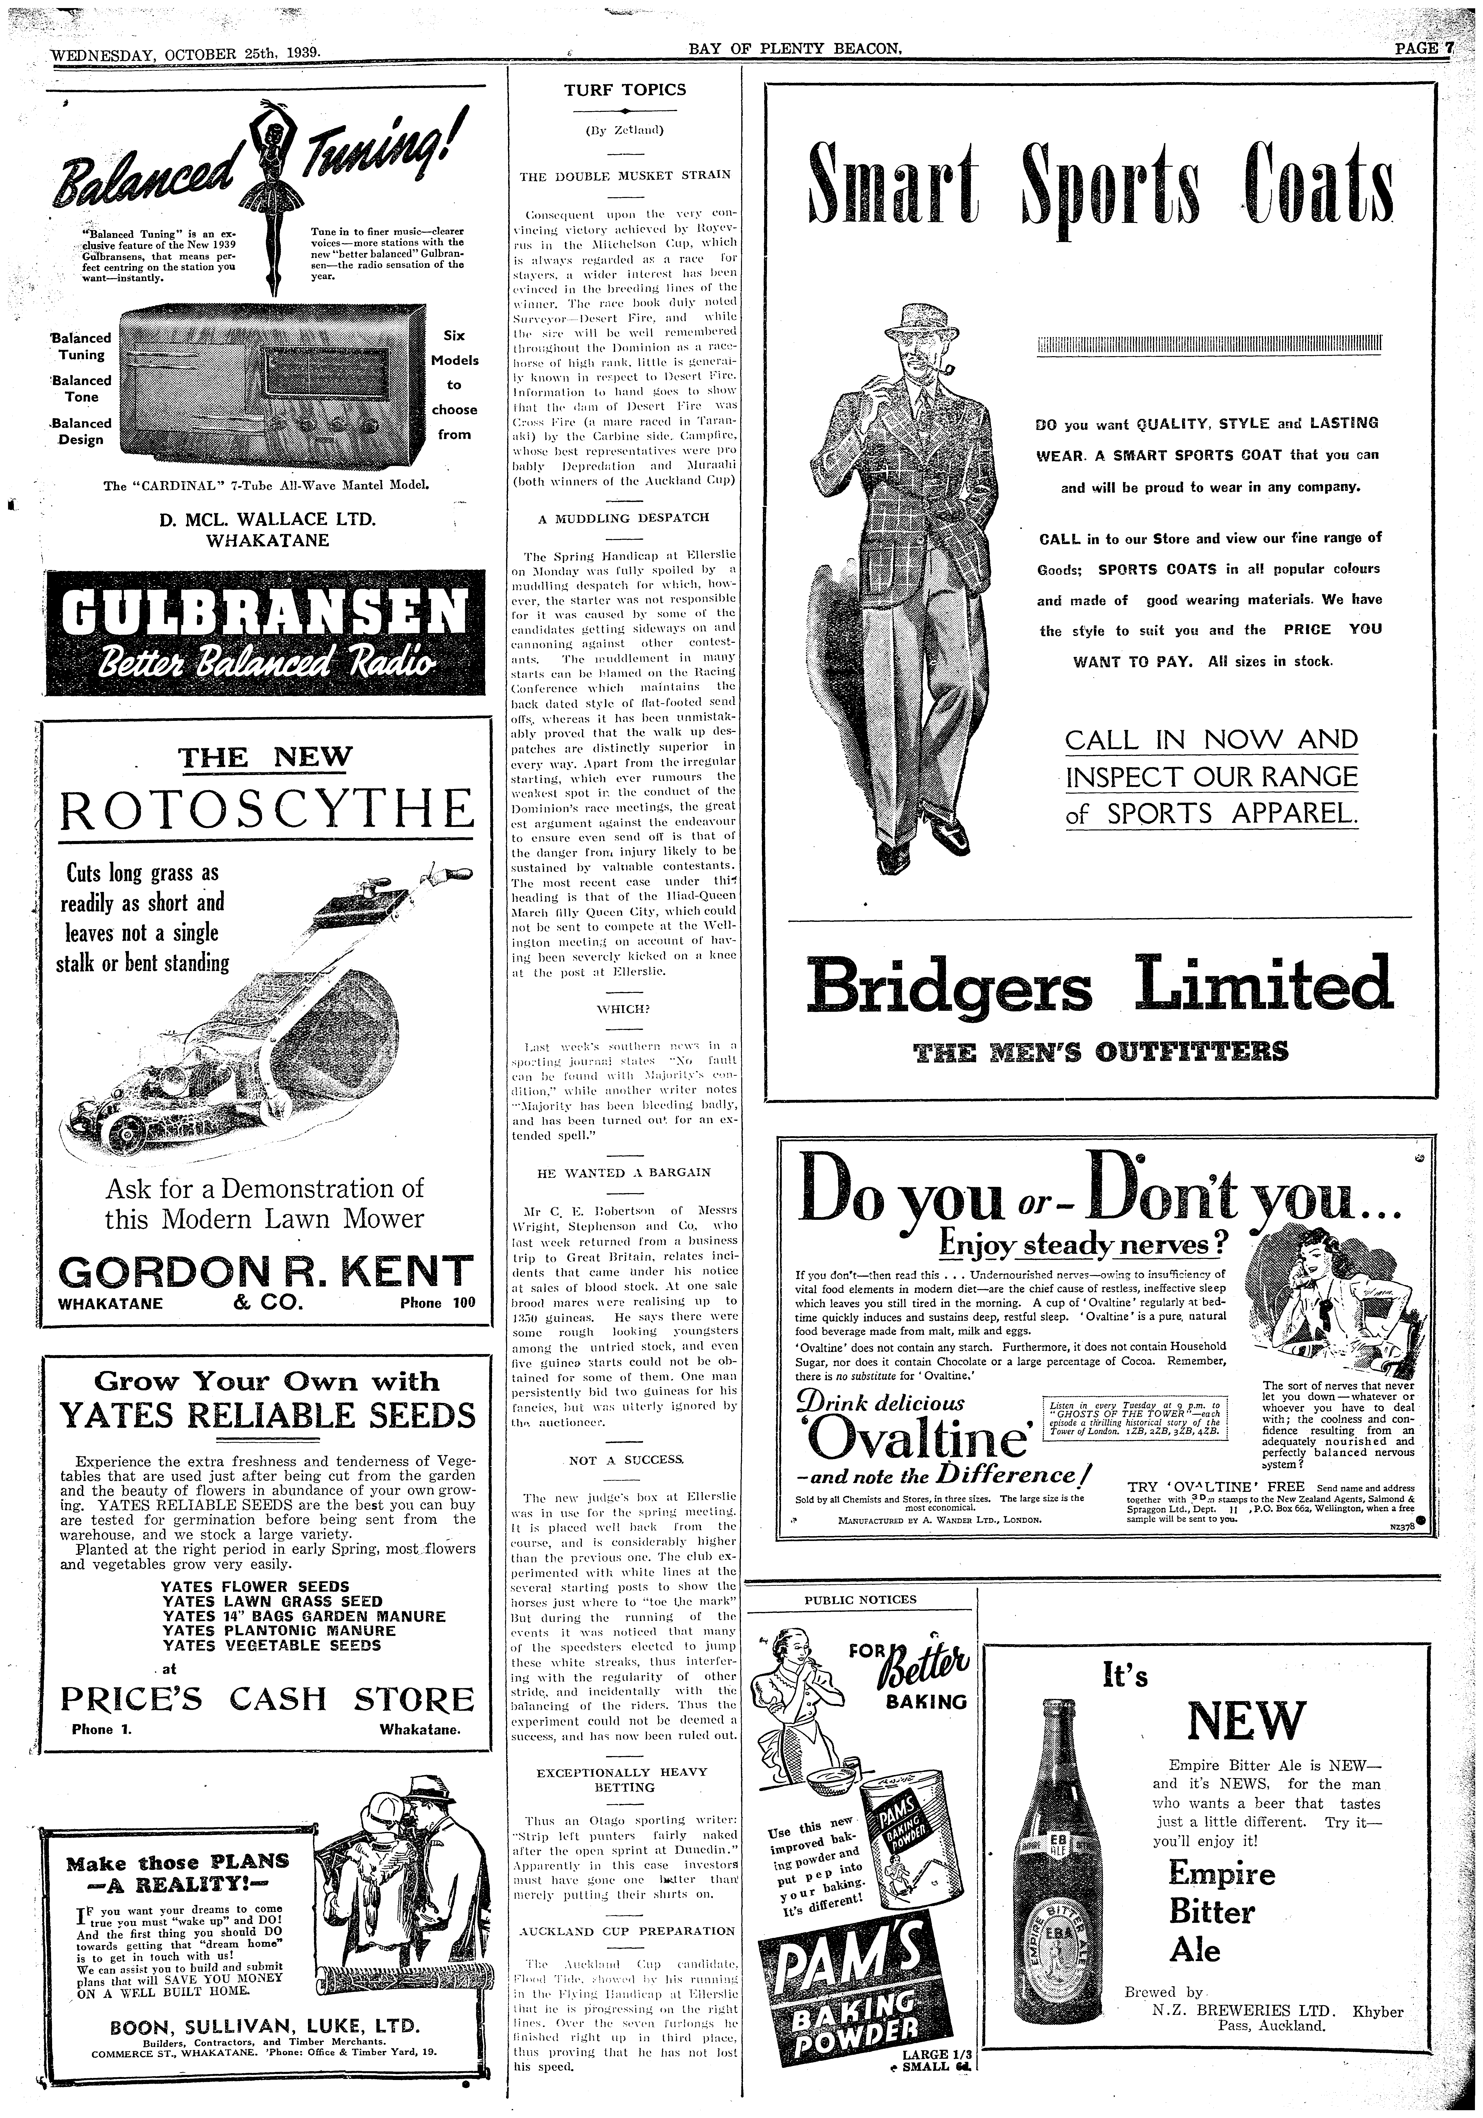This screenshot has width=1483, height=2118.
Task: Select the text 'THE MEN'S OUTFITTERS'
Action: point(1100,1051)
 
